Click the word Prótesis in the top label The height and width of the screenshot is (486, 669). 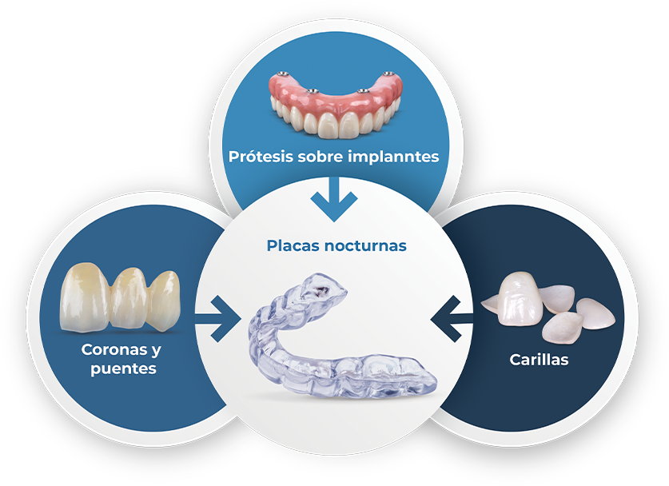[x=256, y=157]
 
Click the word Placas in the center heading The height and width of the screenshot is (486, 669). [x=293, y=245]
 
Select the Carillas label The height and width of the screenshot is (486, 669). [x=539, y=360]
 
